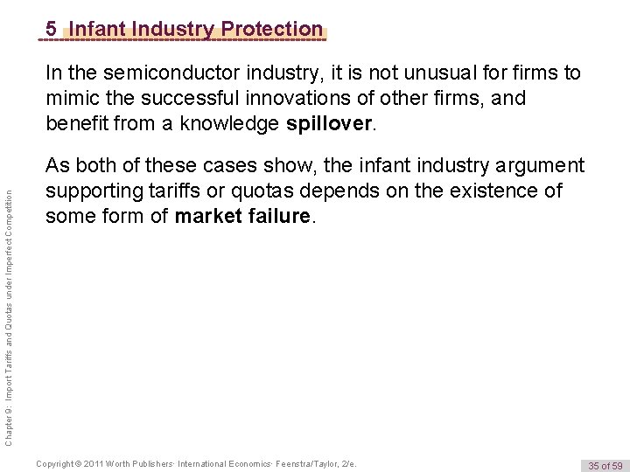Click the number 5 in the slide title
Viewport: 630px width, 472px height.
52,29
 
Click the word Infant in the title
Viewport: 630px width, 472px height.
97,29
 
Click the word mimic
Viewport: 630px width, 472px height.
73,98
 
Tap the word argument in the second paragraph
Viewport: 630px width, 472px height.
534,164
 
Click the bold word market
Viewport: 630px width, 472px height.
208,215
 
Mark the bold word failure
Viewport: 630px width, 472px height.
278,215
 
